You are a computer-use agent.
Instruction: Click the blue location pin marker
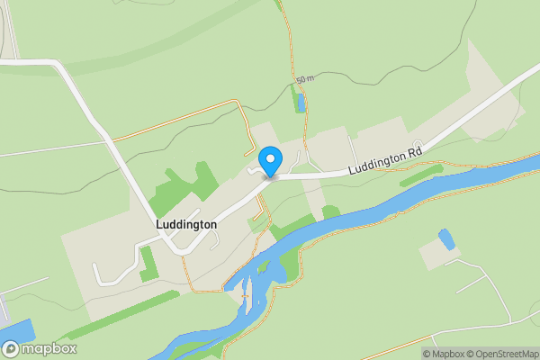coord(269,161)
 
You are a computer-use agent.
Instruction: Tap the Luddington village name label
coord(185,224)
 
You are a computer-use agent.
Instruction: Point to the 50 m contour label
coord(305,80)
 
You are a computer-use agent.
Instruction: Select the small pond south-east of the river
coord(445,239)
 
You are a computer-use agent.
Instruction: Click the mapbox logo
coord(40,349)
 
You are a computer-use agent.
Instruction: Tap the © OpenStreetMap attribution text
coord(498,353)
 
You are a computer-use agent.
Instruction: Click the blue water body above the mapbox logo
coord(18,329)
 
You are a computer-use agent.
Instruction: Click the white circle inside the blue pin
coord(269,157)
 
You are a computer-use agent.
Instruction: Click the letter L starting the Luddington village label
coord(158,224)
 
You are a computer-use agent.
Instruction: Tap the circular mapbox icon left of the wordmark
coord(11,349)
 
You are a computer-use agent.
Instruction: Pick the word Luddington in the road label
coord(377,160)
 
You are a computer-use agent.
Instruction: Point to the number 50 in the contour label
coord(301,80)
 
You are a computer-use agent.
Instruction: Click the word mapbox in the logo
coord(49,349)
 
